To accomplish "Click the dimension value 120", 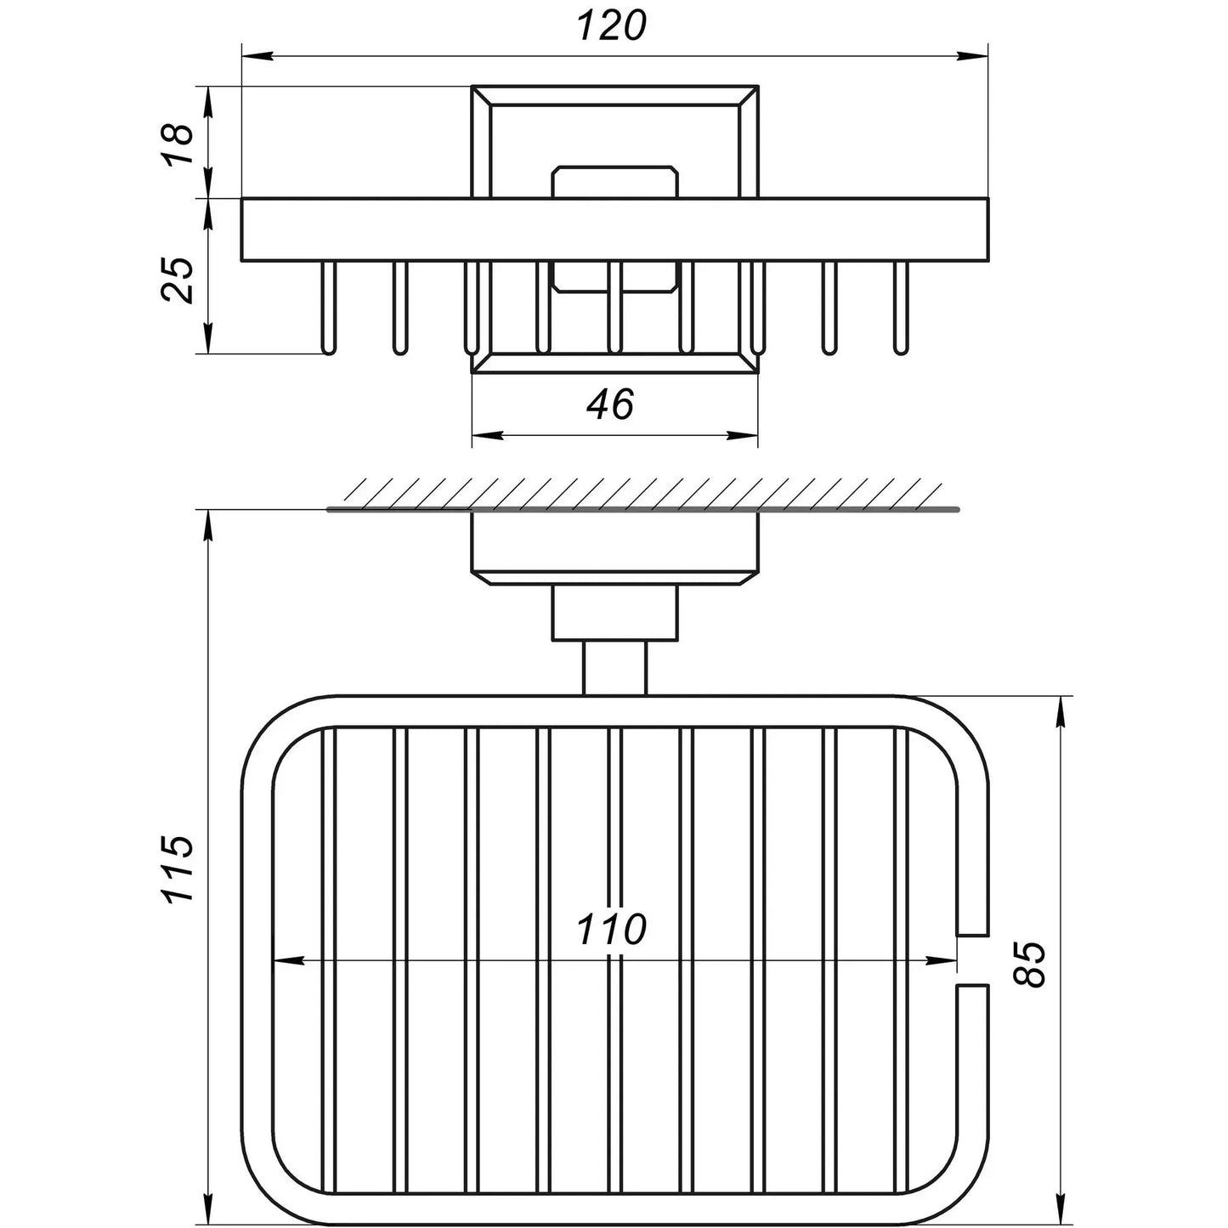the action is click(612, 26).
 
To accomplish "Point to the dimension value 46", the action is click(610, 404).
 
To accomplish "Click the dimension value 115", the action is click(177, 868).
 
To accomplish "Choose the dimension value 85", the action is click(1029, 965).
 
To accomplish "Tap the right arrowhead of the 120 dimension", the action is click(973, 57).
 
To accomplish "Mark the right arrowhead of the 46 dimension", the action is click(743, 437).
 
